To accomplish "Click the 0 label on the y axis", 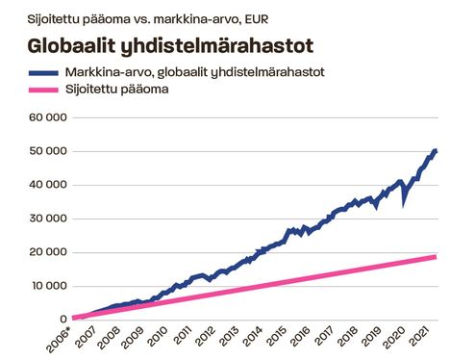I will tap(62, 319).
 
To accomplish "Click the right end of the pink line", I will tap(437, 257).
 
